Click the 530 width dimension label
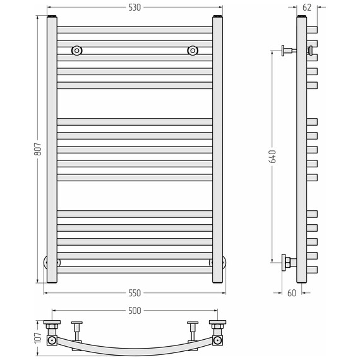coord(135,8)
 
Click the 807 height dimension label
coord(38,149)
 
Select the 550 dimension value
coord(135,293)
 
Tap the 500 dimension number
coord(135,311)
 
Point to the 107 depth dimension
coord(38,338)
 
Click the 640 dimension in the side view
coord(272,157)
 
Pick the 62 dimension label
coord(307,8)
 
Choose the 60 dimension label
coord(292,293)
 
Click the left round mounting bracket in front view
coord(77,51)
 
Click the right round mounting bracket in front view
coord(193,51)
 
